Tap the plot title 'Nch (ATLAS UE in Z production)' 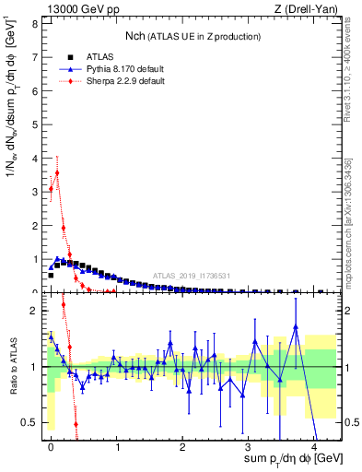coord(193,36)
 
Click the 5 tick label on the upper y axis coord(36,124)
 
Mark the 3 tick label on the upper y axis coord(36,192)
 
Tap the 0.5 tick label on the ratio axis coord(32,422)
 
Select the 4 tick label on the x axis coord(314,447)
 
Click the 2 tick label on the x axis coord(182,447)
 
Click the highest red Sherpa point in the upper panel coord(57,172)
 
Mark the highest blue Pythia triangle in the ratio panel coord(296,326)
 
